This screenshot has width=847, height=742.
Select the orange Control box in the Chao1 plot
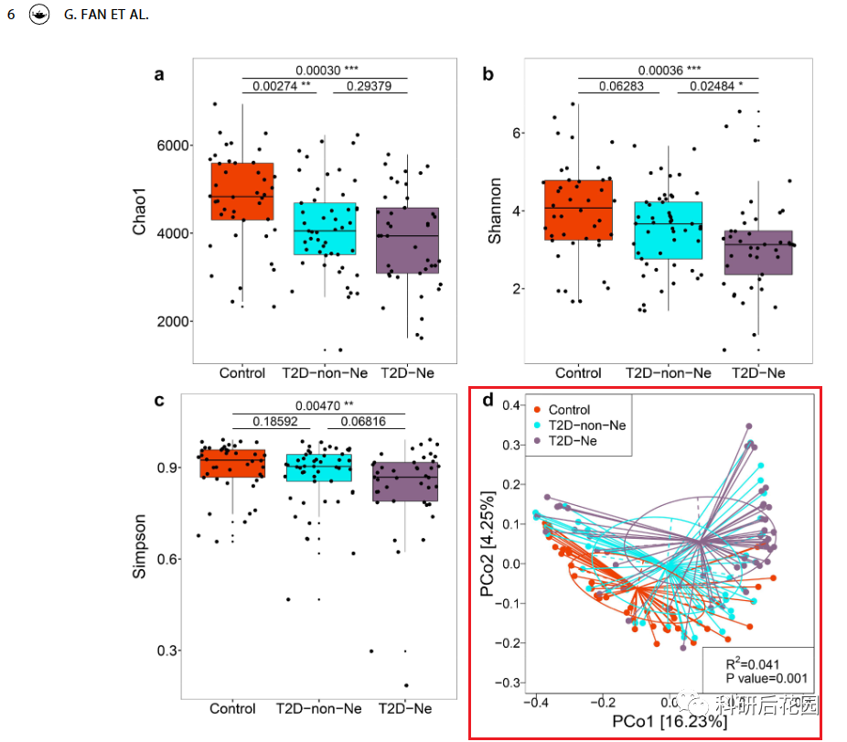point(242,191)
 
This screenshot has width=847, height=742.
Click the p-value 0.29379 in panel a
point(370,86)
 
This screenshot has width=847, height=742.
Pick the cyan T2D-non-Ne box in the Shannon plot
point(668,231)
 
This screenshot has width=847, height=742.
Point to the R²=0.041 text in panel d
point(753,663)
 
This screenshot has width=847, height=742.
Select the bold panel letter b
point(488,75)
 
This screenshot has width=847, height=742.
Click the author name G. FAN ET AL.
point(106,16)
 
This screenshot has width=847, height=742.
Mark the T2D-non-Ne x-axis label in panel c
point(318,708)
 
